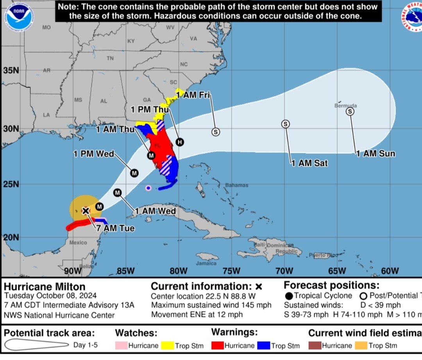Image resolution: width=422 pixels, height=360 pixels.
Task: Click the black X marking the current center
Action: point(86,211)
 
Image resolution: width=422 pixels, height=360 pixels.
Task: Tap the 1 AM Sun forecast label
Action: point(375,154)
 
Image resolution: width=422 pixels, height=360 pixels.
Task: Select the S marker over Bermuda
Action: point(350,112)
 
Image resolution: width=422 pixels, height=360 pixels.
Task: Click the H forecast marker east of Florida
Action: point(179,142)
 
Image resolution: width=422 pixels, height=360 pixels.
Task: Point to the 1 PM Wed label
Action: point(94,154)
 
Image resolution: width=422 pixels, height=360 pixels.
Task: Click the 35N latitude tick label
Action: point(11,71)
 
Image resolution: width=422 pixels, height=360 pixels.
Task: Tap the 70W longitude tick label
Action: point(284,271)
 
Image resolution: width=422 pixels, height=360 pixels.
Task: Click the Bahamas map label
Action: point(236,185)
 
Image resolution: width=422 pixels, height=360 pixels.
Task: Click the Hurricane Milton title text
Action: point(44,287)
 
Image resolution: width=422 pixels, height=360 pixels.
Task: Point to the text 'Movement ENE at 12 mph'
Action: point(197,314)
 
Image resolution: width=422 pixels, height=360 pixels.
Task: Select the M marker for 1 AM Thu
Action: point(151,156)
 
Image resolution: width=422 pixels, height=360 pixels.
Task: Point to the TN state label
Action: point(110,58)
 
